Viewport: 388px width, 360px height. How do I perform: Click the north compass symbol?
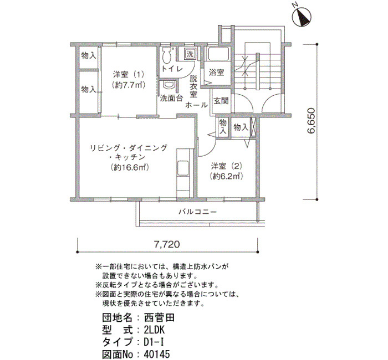(x=302, y=16)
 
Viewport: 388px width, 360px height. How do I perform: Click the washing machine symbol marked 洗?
(x=190, y=54)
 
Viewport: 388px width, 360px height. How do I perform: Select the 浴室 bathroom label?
(x=217, y=73)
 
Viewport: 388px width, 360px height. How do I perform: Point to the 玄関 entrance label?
(x=221, y=101)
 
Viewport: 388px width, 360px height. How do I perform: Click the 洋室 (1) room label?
(x=129, y=74)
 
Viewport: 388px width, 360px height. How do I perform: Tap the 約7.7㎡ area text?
(x=129, y=85)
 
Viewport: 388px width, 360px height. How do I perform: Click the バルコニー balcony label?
(x=198, y=212)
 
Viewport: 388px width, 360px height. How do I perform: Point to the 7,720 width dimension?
(x=167, y=245)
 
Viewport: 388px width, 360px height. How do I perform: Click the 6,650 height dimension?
(x=312, y=121)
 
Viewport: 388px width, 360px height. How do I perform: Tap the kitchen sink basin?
(x=183, y=168)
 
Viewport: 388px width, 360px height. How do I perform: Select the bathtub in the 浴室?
(x=219, y=54)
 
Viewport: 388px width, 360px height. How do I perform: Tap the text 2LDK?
(x=154, y=330)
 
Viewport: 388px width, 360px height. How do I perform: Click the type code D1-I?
(x=154, y=342)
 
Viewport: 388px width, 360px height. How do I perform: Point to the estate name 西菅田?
(x=159, y=317)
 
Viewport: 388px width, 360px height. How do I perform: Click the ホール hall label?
(x=197, y=105)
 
